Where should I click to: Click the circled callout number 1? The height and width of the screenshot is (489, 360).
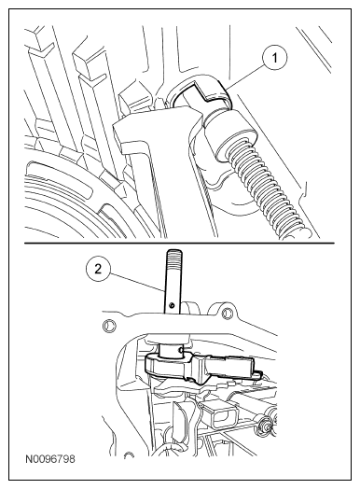274,58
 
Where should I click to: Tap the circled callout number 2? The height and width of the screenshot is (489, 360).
98,269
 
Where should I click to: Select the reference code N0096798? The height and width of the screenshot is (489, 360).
50,459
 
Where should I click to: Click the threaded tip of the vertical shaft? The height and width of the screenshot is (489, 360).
174,257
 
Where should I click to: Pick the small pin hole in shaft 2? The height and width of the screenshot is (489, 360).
172,305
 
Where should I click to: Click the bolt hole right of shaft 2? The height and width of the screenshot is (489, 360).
227,314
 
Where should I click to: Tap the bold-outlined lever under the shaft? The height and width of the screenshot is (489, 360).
200,367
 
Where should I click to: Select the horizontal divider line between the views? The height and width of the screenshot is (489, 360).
179,243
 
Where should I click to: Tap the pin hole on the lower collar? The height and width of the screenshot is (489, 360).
182,350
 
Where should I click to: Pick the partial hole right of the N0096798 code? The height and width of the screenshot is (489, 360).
128,455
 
